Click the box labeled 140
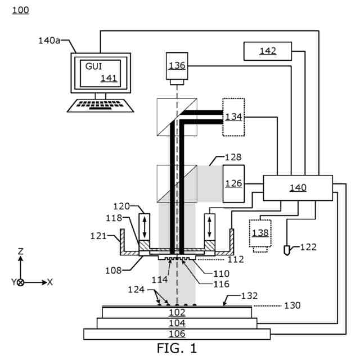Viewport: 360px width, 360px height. point(298,188)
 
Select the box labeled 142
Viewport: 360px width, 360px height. point(268,51)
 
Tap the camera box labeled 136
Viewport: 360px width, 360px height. point(177,66)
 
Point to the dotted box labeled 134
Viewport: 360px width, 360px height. point(233,117)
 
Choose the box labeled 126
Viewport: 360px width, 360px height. point(234,184)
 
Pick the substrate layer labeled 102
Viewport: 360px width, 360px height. point(177,313)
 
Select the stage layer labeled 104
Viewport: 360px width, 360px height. point(177,323)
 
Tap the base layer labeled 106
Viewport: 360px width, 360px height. point(177,334)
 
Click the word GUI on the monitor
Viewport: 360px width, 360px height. point(93,66)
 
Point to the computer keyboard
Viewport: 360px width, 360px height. point(101,106)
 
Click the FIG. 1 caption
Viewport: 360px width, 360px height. point(177,348)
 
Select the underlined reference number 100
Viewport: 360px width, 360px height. point(20,10)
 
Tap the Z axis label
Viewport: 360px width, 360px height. point(21,251)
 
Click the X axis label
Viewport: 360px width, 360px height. point(50,282)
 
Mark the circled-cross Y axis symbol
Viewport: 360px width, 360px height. point(21,282)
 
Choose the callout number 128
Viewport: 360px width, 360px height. point(233,157)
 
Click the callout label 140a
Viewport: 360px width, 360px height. point(49,40)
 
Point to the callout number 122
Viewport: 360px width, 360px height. point(308,247)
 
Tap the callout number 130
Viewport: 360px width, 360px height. point(292,305)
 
